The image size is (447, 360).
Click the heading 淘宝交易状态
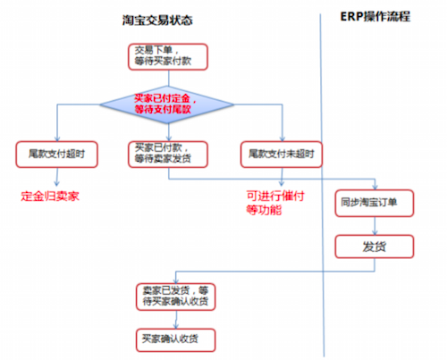click(157, 21)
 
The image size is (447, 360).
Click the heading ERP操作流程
click(375, 17)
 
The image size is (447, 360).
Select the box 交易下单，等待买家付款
click(168, 57)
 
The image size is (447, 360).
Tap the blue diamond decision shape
click(167, 105)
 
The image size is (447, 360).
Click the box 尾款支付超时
click(56, 155)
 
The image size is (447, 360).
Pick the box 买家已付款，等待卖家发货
click(168, 155)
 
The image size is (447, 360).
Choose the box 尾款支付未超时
click(282, 155)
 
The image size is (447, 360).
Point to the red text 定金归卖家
click(50, 197)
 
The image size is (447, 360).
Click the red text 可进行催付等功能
click(275, 203)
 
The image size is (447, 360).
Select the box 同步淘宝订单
click(375, 203)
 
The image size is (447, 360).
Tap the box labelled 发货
click(375, 247)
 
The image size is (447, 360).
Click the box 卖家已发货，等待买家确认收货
click(175, 297)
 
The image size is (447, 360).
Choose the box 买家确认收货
click(175, 340)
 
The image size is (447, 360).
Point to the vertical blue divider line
click(322, 185)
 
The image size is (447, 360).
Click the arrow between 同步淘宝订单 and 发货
click(375, 226)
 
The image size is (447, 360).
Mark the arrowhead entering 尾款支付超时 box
click(57, 138)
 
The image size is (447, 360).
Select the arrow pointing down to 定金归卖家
click(57, 177)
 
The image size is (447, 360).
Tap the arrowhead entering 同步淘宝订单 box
click(375, 187)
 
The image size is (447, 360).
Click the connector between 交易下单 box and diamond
click(169, 78)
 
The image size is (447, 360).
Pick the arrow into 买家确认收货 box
click(176, 320)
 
